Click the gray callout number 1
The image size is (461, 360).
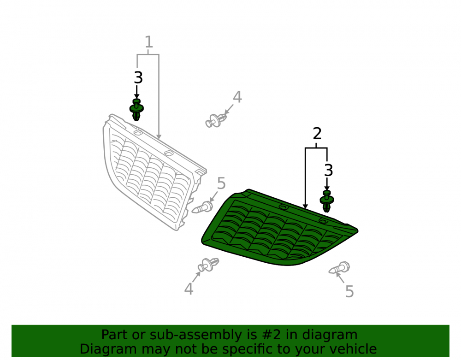pyautogui.click(x=149, y=42)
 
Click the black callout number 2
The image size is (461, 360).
pyautogui.click(x=317, y=134)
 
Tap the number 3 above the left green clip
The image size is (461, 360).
pyautogui.click(x=138, y=78)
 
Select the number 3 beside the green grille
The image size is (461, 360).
pyautogui.click(x=328, y=171)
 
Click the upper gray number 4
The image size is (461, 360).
pyautogui.click(x=237, y=97)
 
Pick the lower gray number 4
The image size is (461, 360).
pyautogui.click(x=189, y=289)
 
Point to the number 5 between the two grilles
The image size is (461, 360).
pyautogui.click(x=221, y=183)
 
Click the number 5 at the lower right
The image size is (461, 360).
pyautogui.click(x=349, y=291)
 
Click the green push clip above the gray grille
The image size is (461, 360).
pyautogui.click(x=136, y=110)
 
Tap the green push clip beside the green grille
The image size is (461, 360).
pyautogui.click(x=327, y=201)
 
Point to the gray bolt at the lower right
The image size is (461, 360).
pyautogui.click(x=339, y=268)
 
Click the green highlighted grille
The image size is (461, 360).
pyautogui.click(x=279, y=228)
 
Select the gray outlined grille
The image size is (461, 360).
pyautogui.click(x=154, y=172)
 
